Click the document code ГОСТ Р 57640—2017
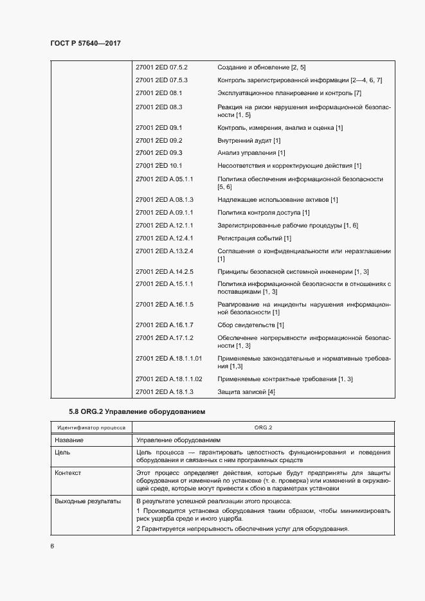pos(85,43)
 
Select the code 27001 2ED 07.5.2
pos(161,67)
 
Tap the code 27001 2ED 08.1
pos(159,93)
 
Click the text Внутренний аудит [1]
pos(249,140)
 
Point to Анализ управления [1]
pos(251,153)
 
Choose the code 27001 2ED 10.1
pos(159,165)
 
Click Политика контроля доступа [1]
pos(264,213)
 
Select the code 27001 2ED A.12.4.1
pos(165,238)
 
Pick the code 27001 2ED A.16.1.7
pos(165,325)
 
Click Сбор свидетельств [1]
pos(251,325)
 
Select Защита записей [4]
pos(246,392)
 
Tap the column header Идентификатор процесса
pos(91,427)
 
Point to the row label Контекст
pos(69,473)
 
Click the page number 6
pos(52,546)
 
